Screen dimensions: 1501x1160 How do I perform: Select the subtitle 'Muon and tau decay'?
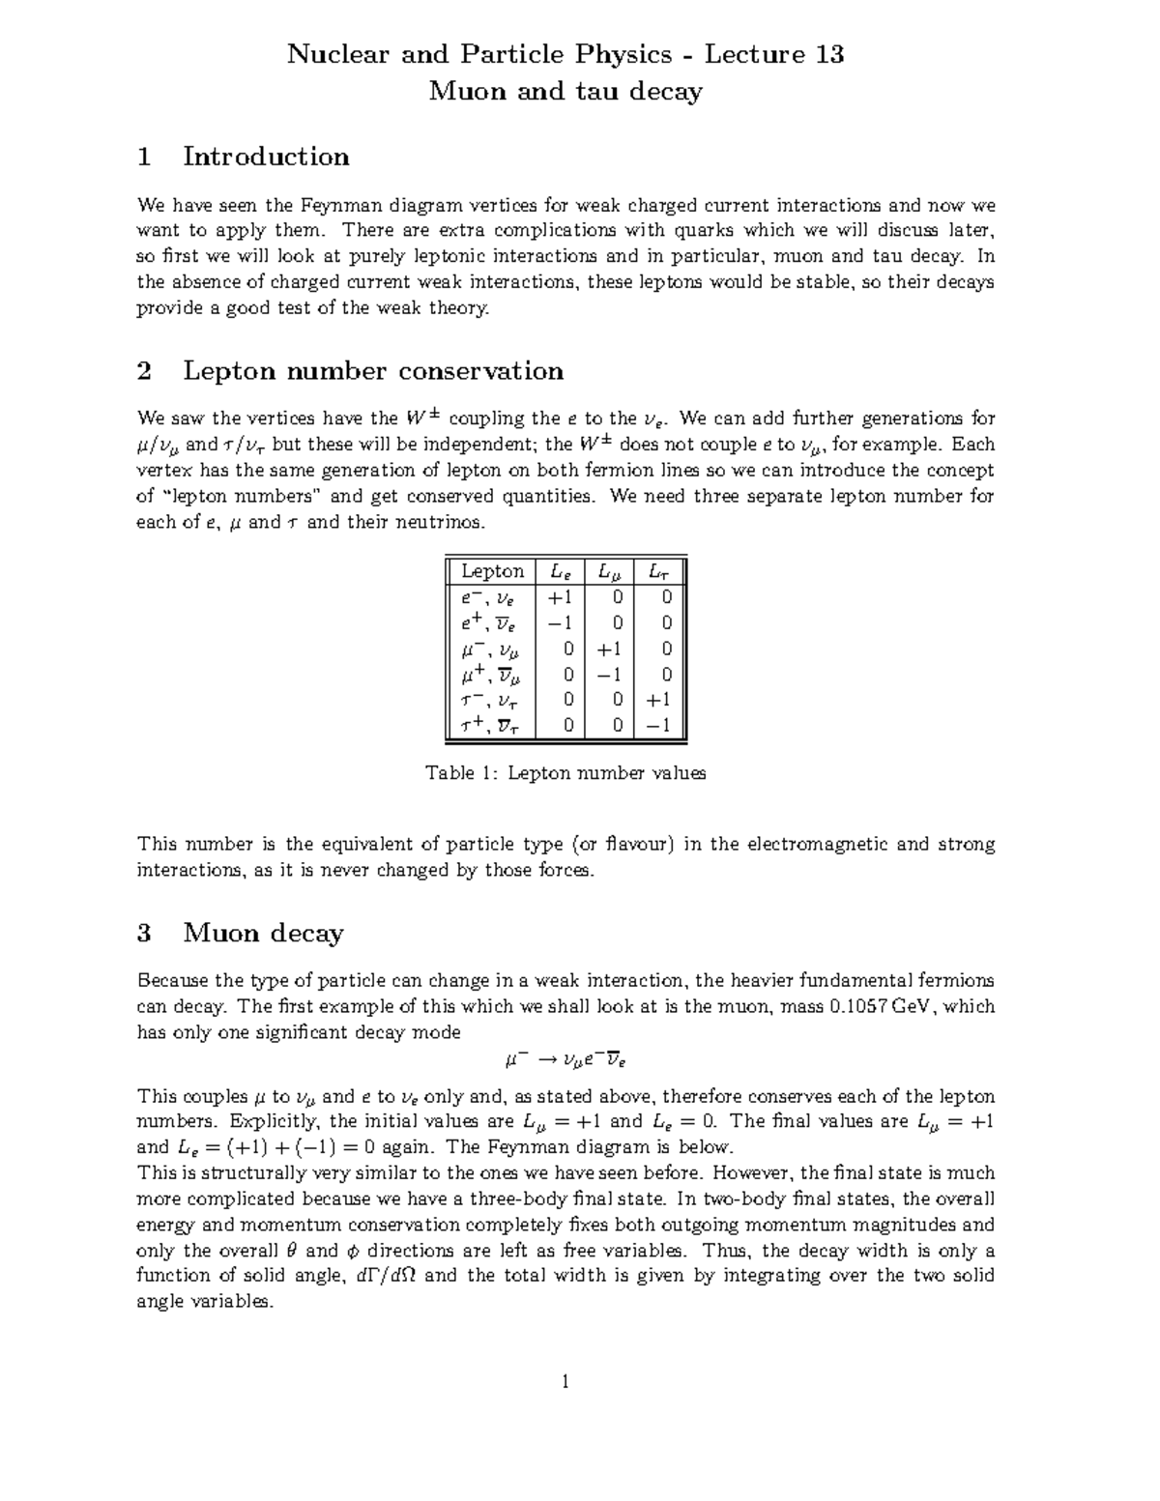565,92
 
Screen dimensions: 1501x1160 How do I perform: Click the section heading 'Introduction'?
266,157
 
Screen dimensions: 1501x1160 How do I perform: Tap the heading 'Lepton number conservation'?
373,371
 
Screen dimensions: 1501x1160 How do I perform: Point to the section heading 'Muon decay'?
263,933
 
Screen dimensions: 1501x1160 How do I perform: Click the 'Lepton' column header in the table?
492,571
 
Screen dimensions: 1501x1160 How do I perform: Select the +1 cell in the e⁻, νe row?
560,597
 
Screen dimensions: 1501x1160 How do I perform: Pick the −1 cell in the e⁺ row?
560,623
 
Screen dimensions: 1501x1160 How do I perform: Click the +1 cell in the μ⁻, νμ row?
609,649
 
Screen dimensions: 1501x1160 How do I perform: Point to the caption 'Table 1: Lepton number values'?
565,773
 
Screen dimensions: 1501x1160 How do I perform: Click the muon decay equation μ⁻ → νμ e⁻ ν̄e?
565,1060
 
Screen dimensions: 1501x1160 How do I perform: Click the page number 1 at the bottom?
565,1382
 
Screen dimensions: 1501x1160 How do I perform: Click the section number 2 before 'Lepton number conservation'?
145,371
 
